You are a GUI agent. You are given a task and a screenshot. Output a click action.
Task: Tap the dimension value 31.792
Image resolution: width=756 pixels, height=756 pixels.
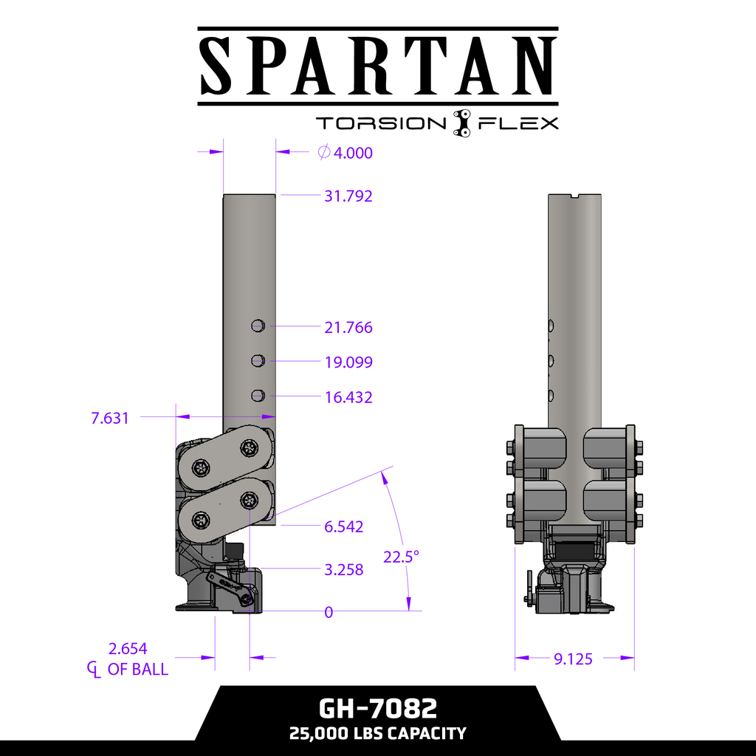(348, 196)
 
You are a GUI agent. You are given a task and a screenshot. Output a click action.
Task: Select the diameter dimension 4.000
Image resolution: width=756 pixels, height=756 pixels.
(353, 153)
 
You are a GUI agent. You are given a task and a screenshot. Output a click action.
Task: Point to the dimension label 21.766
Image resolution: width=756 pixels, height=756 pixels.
(348, 327)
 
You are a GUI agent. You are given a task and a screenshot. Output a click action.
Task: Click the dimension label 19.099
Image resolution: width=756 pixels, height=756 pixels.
(348, 362)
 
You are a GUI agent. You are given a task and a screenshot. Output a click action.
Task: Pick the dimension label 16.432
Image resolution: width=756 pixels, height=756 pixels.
(348, 397)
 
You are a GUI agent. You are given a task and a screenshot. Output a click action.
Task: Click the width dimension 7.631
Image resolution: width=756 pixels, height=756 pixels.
(110, 418)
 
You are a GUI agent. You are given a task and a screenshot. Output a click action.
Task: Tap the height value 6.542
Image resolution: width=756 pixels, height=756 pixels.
(344, 527)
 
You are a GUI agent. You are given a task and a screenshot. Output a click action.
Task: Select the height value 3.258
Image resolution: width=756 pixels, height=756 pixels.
(344, 569)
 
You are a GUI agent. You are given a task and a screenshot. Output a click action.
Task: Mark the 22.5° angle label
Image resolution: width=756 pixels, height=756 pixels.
(401, 557)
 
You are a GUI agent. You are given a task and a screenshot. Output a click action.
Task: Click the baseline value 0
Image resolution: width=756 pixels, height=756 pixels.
(329, 612)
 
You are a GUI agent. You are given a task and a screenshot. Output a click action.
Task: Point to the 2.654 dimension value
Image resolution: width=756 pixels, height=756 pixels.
(128, 649)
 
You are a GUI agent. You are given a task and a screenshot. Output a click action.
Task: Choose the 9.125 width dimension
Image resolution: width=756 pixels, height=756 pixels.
(573, 659)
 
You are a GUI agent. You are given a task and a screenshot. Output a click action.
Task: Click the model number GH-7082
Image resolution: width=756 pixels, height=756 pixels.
(378, 709)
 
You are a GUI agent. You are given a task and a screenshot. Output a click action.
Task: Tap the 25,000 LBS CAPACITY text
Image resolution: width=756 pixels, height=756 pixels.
(378, 733)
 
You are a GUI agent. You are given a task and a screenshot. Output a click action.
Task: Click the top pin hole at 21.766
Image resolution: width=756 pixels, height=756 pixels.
(258, 325)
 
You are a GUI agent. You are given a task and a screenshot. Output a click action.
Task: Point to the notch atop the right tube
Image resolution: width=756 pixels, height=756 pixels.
(575, 196)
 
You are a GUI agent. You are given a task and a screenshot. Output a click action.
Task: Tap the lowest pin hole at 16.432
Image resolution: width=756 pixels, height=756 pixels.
(258, 395)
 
